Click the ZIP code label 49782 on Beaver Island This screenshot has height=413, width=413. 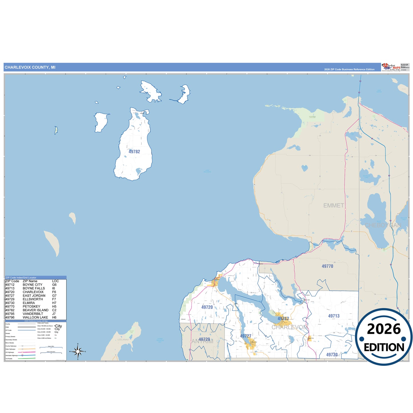(134, 152)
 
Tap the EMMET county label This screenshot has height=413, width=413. (334, 205)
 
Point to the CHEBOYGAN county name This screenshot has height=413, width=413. (383, 225)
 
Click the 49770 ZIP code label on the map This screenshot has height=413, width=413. (327, 266)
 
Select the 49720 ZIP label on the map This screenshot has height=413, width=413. (207, 307)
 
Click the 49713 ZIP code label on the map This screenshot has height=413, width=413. (334, 316)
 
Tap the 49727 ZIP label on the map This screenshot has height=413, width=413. (246, 336)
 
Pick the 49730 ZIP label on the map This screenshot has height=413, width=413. (332, 355)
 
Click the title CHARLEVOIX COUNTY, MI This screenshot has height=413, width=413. (30, 67)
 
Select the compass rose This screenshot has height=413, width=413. (78, 351)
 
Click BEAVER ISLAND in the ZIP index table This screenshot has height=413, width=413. (35, 310)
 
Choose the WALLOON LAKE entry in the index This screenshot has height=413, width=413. (35, 318)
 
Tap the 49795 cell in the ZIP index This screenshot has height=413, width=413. (10, 314)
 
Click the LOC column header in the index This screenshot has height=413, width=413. (55, 281)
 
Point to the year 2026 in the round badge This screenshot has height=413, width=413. (384, 329)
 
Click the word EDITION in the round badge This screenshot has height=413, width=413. (384, 347)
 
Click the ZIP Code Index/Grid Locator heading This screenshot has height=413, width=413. (21, 278)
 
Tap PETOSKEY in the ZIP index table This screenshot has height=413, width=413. (31, 306)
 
